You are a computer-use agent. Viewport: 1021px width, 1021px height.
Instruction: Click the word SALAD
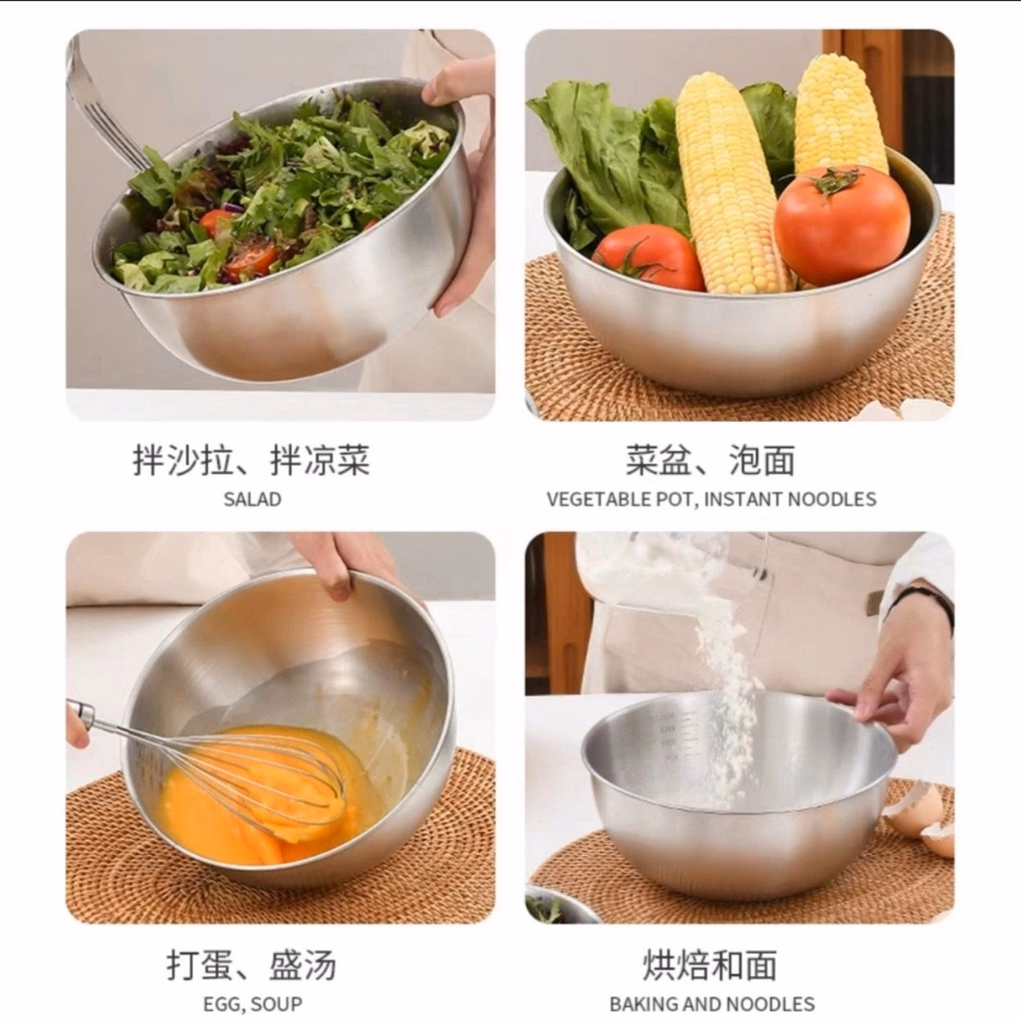(x=252, y=499)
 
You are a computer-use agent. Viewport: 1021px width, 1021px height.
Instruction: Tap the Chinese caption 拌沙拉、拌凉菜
(x=251, y=460)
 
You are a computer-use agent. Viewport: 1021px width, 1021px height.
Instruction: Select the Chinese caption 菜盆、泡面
(x=710, y=460)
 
